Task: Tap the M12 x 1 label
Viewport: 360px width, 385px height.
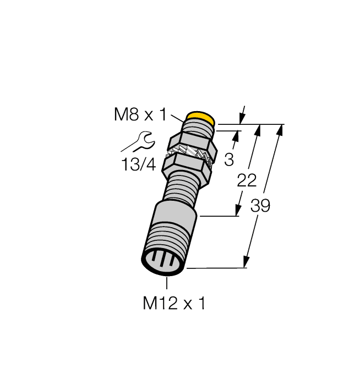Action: [x=174, y=303]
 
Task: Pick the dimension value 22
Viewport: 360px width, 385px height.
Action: [x=247, y=180]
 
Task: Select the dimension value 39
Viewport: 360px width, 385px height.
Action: [x=260, y=206]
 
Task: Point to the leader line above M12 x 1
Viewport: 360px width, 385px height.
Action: [x=166, y=283]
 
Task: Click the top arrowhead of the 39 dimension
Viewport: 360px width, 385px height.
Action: [x=281, y=130]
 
